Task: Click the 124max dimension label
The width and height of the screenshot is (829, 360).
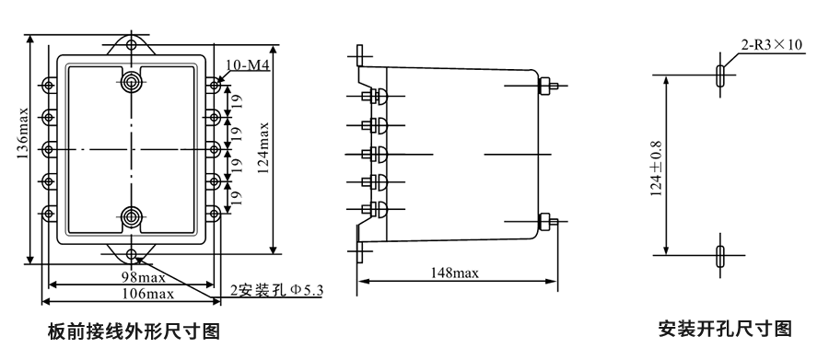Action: (266, 150)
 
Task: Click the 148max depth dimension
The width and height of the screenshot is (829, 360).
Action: (455, 273)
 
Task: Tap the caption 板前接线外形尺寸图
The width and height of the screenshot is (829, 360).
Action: (134, 331)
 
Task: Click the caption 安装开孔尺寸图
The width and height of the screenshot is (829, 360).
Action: (725, 327)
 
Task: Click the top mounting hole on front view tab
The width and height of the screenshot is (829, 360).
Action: (132, 42)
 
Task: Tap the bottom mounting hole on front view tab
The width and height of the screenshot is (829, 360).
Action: (132, 253)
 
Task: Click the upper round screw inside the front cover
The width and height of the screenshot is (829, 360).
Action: (132, 80)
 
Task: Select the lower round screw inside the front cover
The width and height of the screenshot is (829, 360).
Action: (132, 217)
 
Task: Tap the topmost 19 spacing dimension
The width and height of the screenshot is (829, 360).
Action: (237, 99)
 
